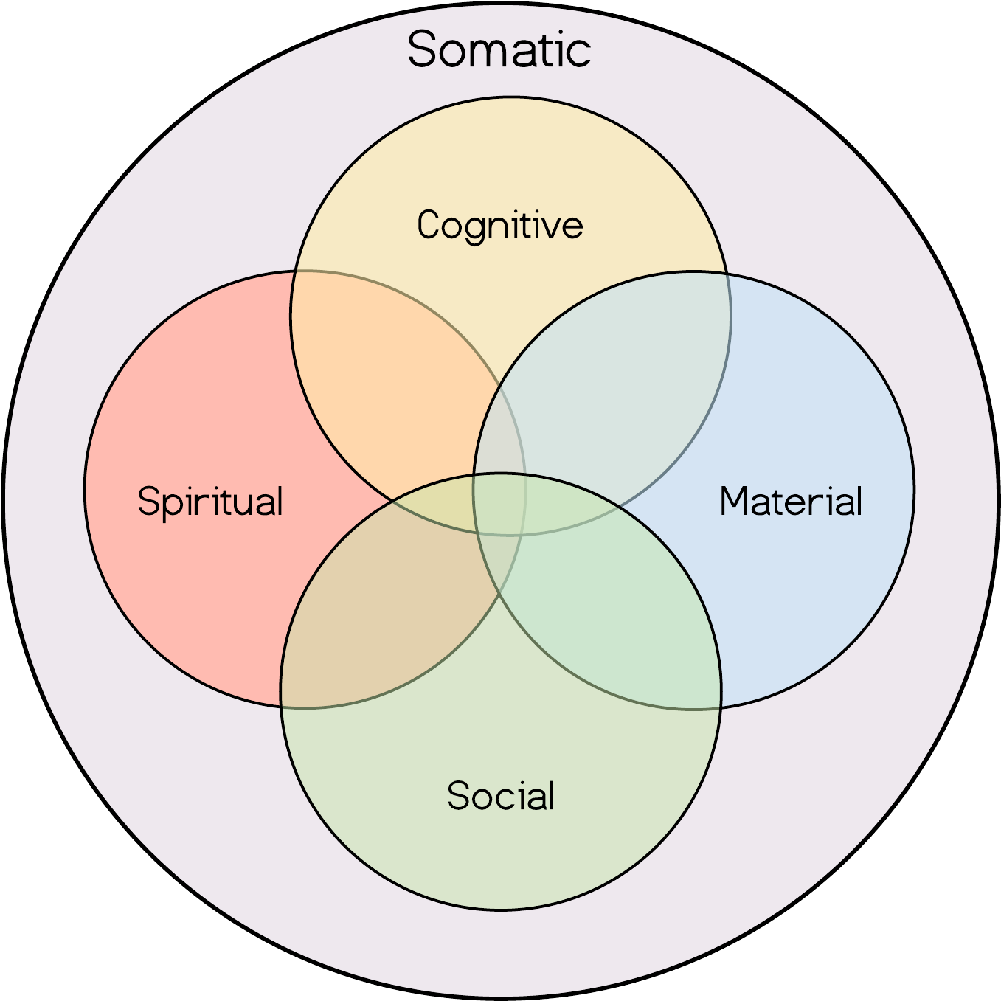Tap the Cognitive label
499,225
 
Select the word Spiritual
210,502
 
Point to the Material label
791,502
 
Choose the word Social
501,796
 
